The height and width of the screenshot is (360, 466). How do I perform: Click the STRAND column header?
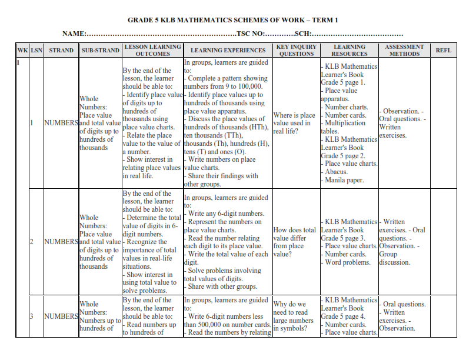tap(61, 51)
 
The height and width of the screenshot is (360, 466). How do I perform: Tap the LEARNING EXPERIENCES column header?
tap(227, 51)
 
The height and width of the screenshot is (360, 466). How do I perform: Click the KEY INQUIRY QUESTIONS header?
tap(296, 51)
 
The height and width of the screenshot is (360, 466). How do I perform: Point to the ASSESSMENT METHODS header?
tap(404, 51)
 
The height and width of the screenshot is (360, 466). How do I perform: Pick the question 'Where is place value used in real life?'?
tap(294, 124)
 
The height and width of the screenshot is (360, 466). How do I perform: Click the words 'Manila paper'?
tap(344, 180)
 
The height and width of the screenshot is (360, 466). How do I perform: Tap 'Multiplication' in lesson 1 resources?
tap(345, 124)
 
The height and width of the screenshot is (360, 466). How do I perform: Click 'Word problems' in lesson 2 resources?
tap(347, 262)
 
